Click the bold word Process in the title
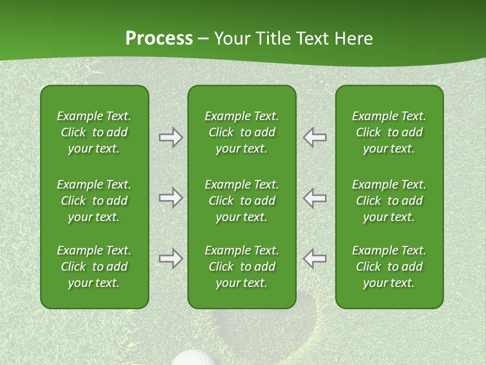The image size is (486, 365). click(x=159, y=39)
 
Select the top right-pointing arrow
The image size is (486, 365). click(x=171, y=137)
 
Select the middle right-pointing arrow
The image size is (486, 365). click(x=171, y=198)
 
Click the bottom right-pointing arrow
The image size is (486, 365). click(x=171, y=259)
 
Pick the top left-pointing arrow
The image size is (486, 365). click(x=314, y=137)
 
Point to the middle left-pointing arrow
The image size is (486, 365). click(x=314, y=198)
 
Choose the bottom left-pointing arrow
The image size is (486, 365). click(x=314, y=259)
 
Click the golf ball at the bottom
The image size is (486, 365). click(x=195, y=357)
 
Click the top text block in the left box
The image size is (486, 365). click(x=94, y=132)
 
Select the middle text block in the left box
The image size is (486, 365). click(x=94, y=201)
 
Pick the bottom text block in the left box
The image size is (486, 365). click(x=94, y=267)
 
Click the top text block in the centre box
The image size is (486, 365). click(x=242, y=132)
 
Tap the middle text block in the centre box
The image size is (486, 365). click(x=242, y=201)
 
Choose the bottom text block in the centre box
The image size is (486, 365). click(x=242, y=267)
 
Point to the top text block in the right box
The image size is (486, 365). click(x=389, y=132)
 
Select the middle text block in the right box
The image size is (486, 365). click(x=389, y=201)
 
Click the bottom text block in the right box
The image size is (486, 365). click(x=389, y=267)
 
